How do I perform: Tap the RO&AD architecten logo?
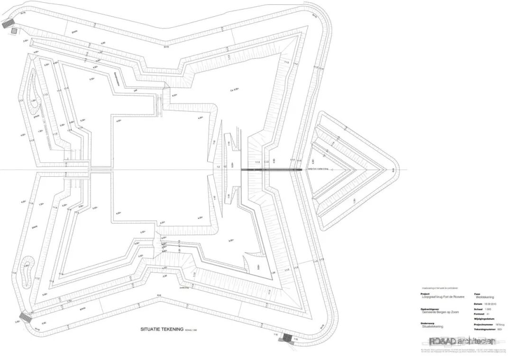[x=462, y=341]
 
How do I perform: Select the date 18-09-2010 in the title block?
[x=492, y=304]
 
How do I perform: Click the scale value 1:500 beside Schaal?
[x=488, y=309]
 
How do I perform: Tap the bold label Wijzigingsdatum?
[x=483, y=319]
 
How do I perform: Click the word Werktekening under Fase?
[x=485, y=297]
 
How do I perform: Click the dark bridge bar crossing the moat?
[x=270, y=169]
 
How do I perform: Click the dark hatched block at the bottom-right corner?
[x=287, y=337]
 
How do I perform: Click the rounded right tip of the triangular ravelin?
[x=393, y=169]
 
